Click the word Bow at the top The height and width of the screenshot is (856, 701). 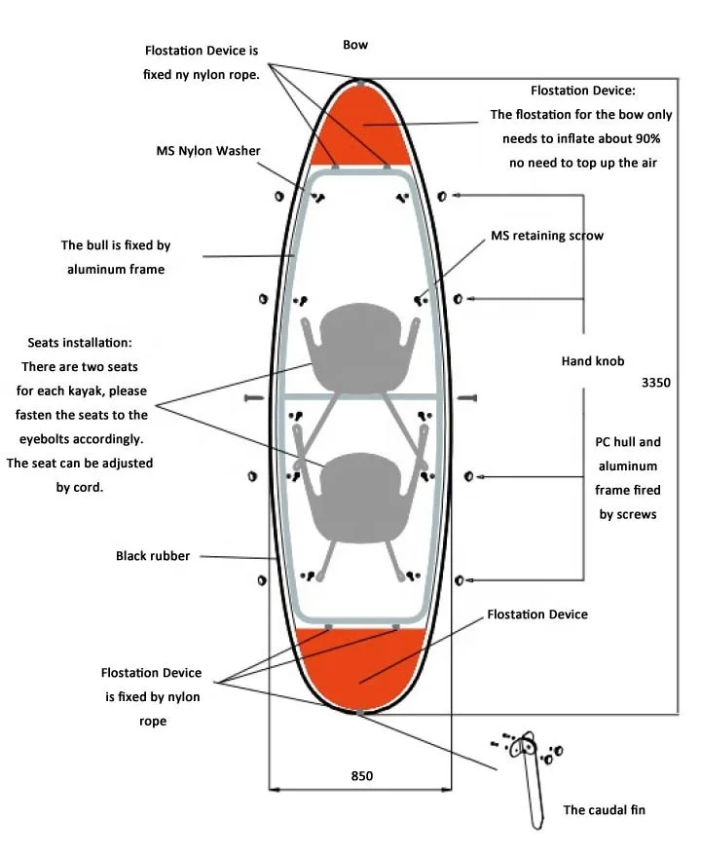pos(355,45)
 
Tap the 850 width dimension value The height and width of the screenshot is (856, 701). pos(361,776)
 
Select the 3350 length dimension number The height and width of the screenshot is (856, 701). pos(655,383)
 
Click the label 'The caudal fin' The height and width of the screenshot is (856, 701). pos(604,809)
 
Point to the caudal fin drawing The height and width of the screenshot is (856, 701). pos(530,779)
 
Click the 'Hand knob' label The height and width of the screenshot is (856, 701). pos(593,361)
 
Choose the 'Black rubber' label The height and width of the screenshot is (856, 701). pos(153,556)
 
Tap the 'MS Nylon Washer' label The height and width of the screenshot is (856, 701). pos(208,151)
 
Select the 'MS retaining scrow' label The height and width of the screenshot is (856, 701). pos(546,236)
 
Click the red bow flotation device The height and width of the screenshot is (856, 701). pos(362,125)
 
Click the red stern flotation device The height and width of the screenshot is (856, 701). pos(360,662)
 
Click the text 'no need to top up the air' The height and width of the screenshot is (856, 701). pos(582,163)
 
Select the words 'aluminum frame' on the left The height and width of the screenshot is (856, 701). pos(116,269)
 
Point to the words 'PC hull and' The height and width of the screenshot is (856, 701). pos(628,441)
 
